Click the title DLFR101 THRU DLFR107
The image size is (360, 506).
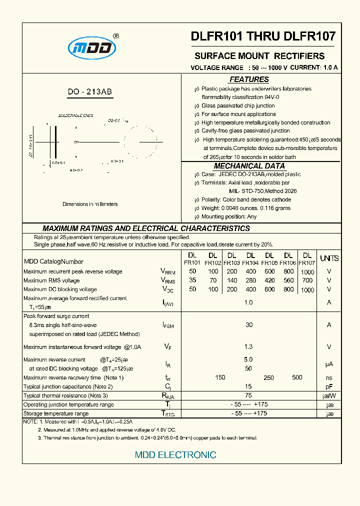[263, 36]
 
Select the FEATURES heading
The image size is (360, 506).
[249, 79]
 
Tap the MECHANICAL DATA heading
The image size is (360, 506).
[249, 166]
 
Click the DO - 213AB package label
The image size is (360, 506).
[90, 92]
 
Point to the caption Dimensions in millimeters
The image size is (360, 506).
[90, 204]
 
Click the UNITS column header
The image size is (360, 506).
[329, 258]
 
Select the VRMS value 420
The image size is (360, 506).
[269, 280]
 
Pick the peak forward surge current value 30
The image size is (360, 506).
[249, 324]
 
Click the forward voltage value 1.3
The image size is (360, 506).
[248, 346]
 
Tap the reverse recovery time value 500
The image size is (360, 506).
[297, 377]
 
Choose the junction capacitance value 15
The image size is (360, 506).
[248, 386]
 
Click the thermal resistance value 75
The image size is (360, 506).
[248, 395]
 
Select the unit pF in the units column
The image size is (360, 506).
[329, 386]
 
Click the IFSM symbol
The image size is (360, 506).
[168, 325]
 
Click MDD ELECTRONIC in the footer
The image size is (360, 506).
[175, 455]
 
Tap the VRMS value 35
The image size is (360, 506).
[192, 280]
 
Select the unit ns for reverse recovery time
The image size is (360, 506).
[329, 378]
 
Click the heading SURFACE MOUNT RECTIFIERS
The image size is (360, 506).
[259, 56]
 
